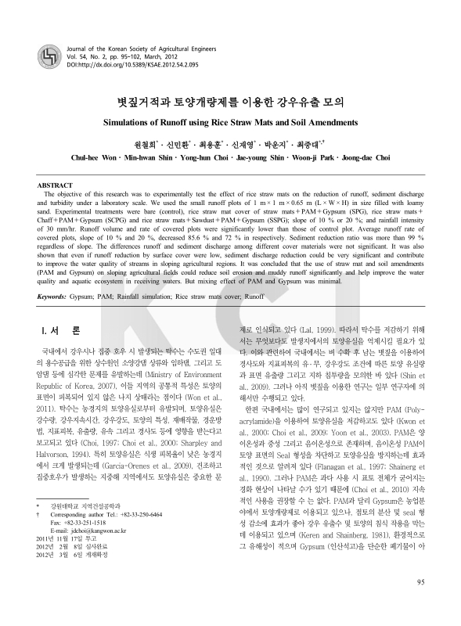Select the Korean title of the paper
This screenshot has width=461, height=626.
(230, 102)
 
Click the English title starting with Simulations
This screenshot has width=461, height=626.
(230, 122)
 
